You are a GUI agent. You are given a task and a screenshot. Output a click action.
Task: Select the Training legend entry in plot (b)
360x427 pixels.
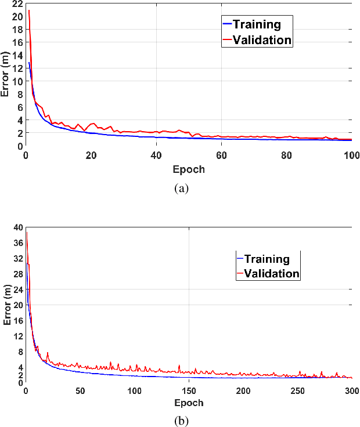click(267, 259)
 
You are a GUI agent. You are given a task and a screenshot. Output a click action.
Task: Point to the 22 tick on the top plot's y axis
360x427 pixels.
click(17, 4)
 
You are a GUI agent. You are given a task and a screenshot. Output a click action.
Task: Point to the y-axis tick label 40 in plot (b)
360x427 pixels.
click(17, 227)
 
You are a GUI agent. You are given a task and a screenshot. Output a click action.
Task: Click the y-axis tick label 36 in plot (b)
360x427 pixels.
click(17, 243)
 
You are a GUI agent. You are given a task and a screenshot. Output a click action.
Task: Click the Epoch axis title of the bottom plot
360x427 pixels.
click(188, 403)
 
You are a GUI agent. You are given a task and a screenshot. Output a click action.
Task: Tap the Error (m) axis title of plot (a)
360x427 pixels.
click(6, 75)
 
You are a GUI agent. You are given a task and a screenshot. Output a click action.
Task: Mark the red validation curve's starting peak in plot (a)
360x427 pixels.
click(28, 10)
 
